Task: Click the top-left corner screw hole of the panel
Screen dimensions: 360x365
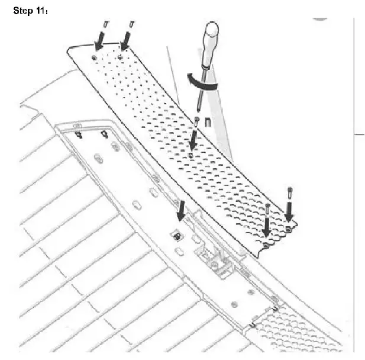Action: [x=95, y=57]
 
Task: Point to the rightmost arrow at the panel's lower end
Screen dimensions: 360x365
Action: [x=289, y=213]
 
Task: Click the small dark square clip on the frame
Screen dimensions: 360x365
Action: [x=177, y=235]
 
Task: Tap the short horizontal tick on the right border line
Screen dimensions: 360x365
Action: [x=358, y=134]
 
